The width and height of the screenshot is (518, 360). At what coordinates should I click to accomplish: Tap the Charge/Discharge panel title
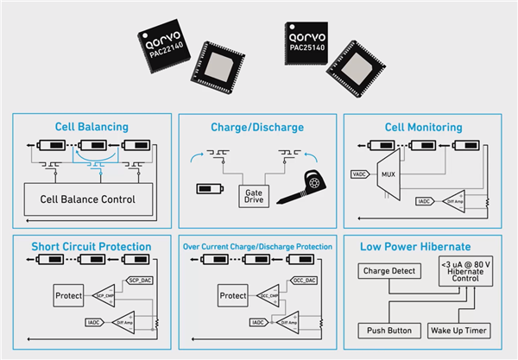(256, 127)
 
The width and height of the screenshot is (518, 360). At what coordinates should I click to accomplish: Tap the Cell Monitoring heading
(423, 127)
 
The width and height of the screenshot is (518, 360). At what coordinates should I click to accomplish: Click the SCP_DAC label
(140, 280)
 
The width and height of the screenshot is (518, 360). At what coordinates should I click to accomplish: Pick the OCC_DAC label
(305, 280)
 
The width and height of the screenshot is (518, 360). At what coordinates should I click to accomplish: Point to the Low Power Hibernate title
(423, 247)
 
